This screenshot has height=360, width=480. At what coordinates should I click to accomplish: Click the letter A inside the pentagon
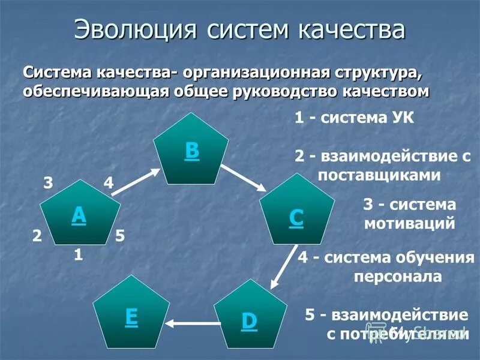point(79,215)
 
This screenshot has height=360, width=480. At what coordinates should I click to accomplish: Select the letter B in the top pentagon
point(191,151)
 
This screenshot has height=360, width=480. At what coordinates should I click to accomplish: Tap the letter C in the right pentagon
point(296,218)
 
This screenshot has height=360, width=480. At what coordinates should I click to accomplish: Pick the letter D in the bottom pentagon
point(249,321)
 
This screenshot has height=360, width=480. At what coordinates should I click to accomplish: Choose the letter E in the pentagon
point(131,317)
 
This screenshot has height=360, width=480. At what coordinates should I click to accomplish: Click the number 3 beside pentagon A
point(47,183)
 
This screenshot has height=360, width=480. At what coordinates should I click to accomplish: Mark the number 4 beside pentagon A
point(109,183)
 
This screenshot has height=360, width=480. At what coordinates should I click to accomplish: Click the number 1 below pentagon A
point(78,255)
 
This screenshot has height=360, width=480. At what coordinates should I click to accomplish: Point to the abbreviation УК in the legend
point(401,117)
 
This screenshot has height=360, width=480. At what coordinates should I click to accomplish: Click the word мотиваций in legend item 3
point(409,224)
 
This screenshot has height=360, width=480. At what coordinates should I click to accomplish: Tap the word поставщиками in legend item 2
point(379,175)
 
